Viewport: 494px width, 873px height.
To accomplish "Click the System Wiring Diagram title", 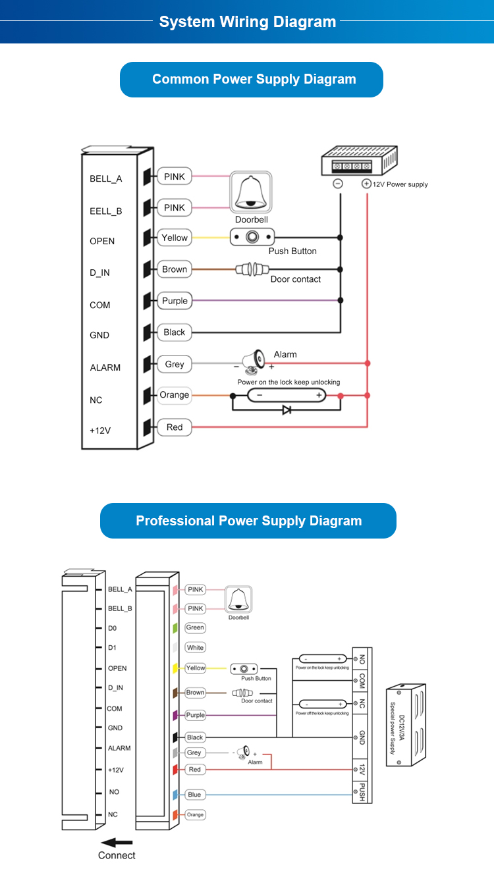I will [248, 22].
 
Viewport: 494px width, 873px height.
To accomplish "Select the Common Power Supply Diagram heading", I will [254, 79].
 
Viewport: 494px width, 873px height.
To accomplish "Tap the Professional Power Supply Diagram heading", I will [248, 521].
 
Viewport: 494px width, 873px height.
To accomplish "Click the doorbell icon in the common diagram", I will [251, 192].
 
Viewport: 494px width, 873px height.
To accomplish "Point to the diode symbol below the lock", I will [287, 410].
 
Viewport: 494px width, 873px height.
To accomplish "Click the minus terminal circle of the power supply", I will [338, 184].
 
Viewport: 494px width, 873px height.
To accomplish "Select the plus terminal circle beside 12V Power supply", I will [366, 184].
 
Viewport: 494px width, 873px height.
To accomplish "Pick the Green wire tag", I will [195, 628].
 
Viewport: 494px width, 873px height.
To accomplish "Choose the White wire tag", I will [195, 648].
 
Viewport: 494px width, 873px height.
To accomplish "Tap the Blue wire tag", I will [194, 795].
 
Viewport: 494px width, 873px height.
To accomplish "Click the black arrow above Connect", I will [117, 842].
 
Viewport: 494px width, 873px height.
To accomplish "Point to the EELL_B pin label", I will [106, 211].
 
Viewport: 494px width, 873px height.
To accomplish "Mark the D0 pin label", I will [112, 629].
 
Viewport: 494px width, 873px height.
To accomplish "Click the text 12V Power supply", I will [400, 184].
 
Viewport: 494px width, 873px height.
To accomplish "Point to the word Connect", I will [117, 855].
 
